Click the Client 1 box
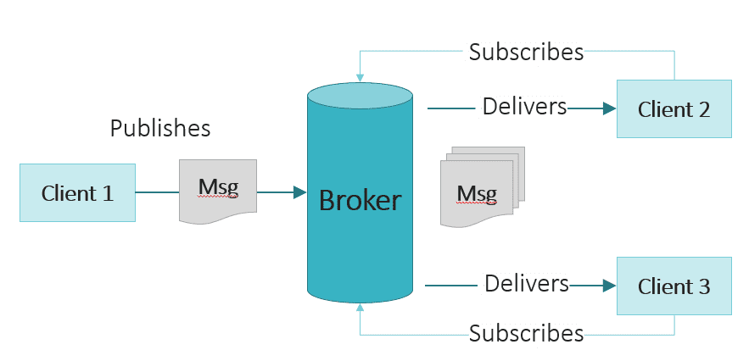coord(77,193)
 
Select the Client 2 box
coord(674,108)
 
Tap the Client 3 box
coord(674,286)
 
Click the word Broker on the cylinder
coord(360,201)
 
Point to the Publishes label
coord(160,129)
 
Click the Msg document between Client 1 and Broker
coord(217,190)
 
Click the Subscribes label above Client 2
coord(526,53)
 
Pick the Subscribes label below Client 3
coord(526,333)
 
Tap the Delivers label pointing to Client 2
coord(524,108)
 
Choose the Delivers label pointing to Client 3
coord(526,283)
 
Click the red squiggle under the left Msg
coord(218,196)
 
